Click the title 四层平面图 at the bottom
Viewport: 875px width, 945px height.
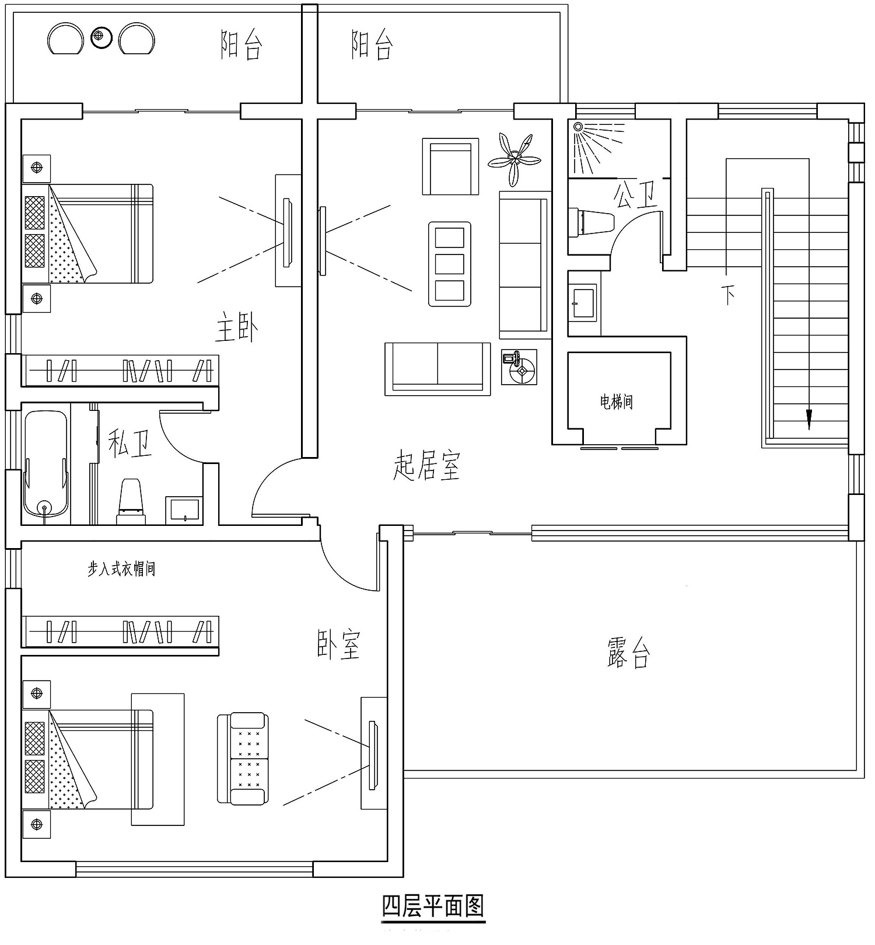click(433, 906)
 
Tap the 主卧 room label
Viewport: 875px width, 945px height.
click(237, 327)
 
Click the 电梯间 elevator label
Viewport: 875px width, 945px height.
click(617, 402)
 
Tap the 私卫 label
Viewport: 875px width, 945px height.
click(130, 444)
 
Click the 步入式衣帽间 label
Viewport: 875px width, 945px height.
click(121, 569)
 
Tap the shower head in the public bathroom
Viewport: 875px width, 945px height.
click(578, 127)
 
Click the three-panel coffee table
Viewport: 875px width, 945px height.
click(450, 264)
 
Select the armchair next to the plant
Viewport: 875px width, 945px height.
click(450, 166)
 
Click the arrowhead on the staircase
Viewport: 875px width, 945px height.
click(808, 419)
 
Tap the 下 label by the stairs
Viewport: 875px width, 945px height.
click(728, 295)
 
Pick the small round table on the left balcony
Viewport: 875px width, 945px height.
click(101, 38)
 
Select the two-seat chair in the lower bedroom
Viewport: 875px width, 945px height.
click(243, 758)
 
